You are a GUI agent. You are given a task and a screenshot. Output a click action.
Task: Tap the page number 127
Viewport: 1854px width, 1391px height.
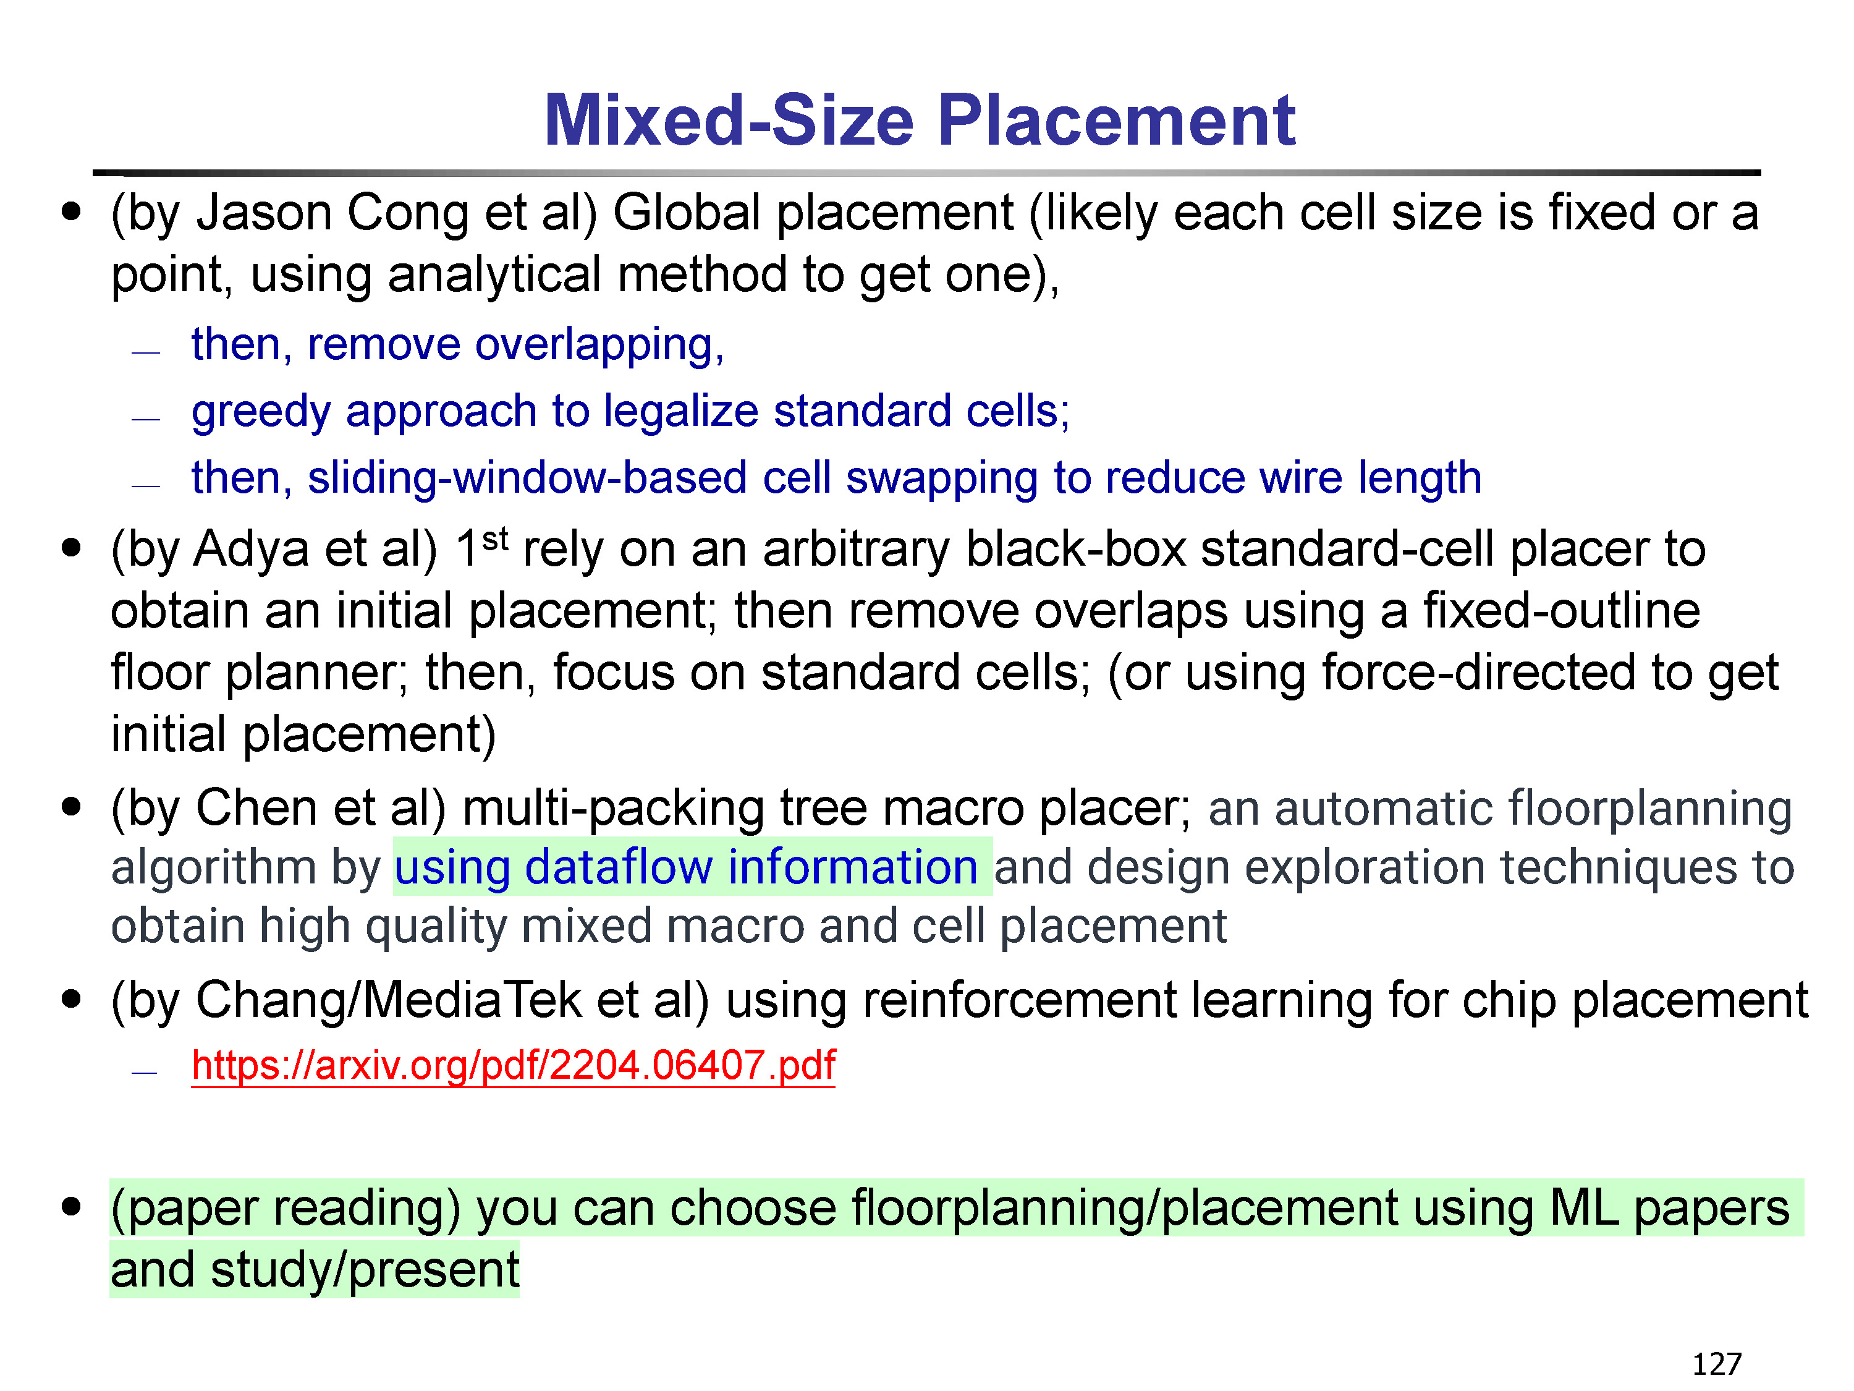[x=1717, y=1364]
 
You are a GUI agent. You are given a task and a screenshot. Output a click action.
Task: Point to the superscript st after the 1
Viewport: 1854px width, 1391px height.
[x=496, y=538]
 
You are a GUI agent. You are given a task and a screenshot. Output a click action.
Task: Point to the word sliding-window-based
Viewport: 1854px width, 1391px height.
[x=527, y=479]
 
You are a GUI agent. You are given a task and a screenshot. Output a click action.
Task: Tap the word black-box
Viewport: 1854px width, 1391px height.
[x=1075, y=550]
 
